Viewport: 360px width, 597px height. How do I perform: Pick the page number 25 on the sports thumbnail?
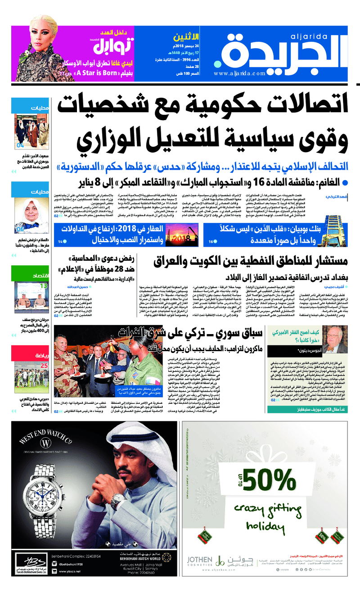click(44, 366)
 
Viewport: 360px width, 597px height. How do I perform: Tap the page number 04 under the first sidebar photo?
click(20, 145)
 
